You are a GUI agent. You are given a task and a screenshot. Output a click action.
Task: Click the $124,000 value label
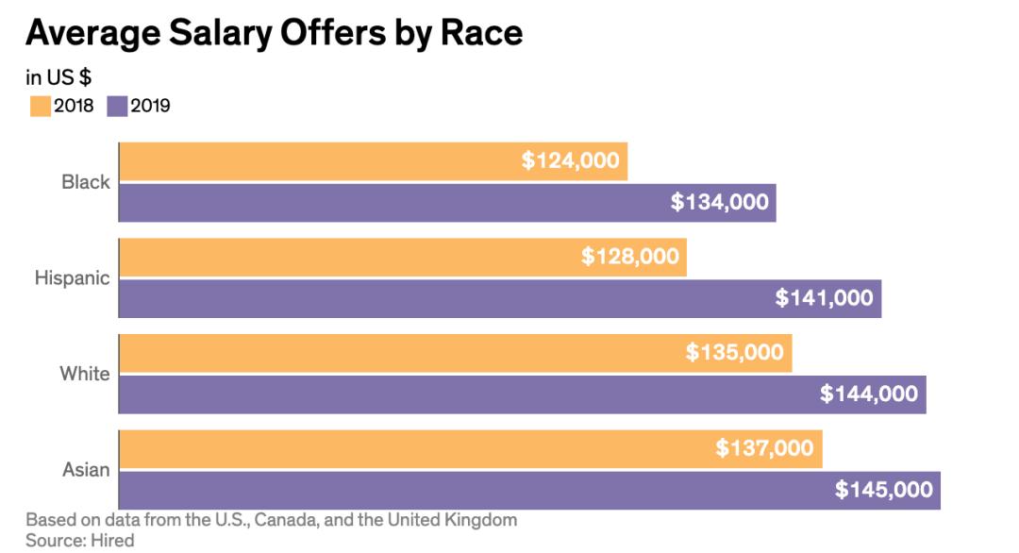570,160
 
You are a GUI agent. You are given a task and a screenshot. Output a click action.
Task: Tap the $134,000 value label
719,201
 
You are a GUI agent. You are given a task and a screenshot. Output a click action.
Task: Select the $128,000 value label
629,256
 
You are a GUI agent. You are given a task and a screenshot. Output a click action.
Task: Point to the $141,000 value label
824,297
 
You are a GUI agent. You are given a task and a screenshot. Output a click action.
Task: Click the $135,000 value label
734,352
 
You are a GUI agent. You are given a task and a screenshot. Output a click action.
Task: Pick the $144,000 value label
868,394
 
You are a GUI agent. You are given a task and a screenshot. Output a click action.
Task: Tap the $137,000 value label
764,448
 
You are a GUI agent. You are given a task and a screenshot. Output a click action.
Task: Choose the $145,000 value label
883,489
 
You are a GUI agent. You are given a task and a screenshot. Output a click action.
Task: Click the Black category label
86,182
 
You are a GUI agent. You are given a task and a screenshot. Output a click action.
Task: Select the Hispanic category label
73,278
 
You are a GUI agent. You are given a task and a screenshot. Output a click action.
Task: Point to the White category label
85,374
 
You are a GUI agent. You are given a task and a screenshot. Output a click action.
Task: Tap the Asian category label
86,469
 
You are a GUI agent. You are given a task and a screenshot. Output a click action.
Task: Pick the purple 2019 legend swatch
117,106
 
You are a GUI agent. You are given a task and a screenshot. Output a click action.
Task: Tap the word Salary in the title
214,33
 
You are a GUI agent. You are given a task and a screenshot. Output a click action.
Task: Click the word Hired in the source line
113,540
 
